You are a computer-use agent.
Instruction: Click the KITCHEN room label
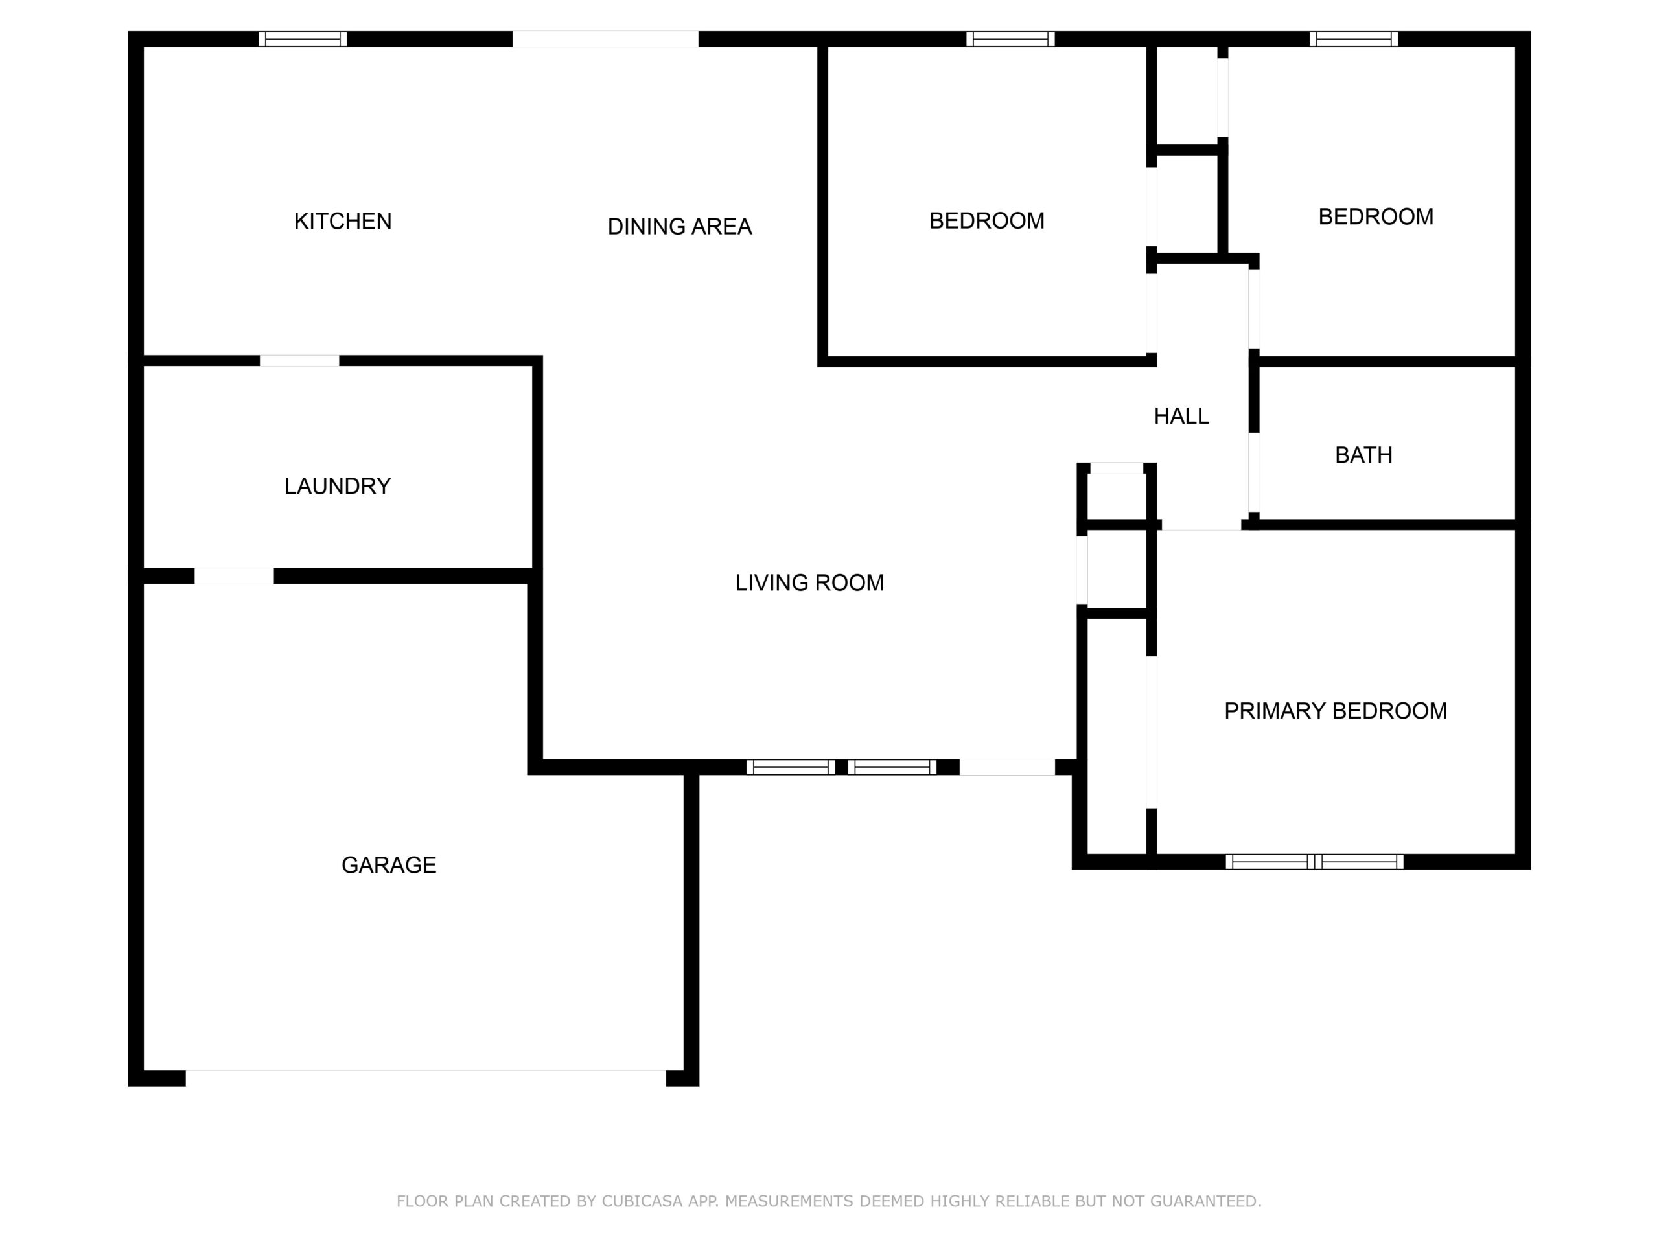pos(343,221)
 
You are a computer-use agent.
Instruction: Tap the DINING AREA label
pos(680,227)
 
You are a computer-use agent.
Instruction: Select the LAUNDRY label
pos(338,486)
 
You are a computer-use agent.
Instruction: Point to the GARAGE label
pos(388,864)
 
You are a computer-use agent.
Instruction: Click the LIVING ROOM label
pos(809,582)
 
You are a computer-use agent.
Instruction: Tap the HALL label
pos(1181,416)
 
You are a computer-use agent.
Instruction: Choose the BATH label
pos(1363,455)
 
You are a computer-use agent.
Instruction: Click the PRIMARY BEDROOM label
pos(1336,711)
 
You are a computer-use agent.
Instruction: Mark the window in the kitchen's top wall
pos(303,39)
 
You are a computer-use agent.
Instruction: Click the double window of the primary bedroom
pos(1314,862)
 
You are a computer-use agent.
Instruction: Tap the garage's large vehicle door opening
pos(426,1077)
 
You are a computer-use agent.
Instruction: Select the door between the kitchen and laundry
pos(299,361)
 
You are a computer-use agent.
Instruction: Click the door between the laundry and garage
pos(234,576)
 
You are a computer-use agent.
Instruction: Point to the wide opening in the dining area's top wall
pos(605,39)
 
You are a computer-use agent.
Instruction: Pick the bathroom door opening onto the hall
pos(1253,473)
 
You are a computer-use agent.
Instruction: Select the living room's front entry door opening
pos(1007,767)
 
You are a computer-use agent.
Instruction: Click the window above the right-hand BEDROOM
pos(1354,39)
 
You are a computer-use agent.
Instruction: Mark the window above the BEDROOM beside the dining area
pos(1010,39)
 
